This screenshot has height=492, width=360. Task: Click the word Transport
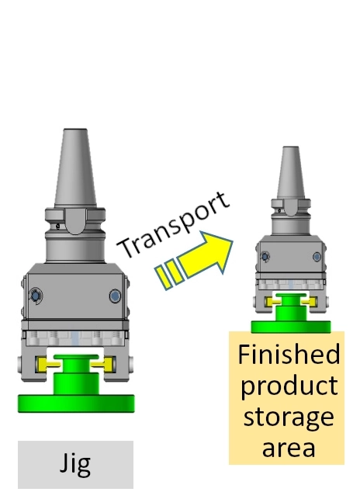click(174, 224)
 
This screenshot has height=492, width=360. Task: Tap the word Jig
click(75, 464)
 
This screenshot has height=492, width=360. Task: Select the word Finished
click(289, 354)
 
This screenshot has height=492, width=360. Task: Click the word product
click(289, 386)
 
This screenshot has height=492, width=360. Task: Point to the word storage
click(289, 418)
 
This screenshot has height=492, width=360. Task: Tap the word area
click(289, 448)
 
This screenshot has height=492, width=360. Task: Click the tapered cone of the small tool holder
click(291, 172)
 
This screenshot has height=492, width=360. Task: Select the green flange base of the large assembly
click(76, 404)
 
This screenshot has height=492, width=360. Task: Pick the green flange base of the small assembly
click(291, 327)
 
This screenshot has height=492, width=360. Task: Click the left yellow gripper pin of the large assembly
click(47, 364)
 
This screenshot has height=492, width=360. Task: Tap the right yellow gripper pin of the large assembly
click(102, 364)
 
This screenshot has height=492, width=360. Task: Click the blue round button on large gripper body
click(115, 296)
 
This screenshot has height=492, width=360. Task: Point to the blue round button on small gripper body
click(317, 257)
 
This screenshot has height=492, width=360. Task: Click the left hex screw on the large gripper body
click(36, 296)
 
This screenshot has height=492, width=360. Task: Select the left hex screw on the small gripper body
click(265, 257)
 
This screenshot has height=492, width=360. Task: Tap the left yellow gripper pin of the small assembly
click(272, 302)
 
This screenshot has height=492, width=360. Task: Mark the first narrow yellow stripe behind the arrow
click(164, 277)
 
